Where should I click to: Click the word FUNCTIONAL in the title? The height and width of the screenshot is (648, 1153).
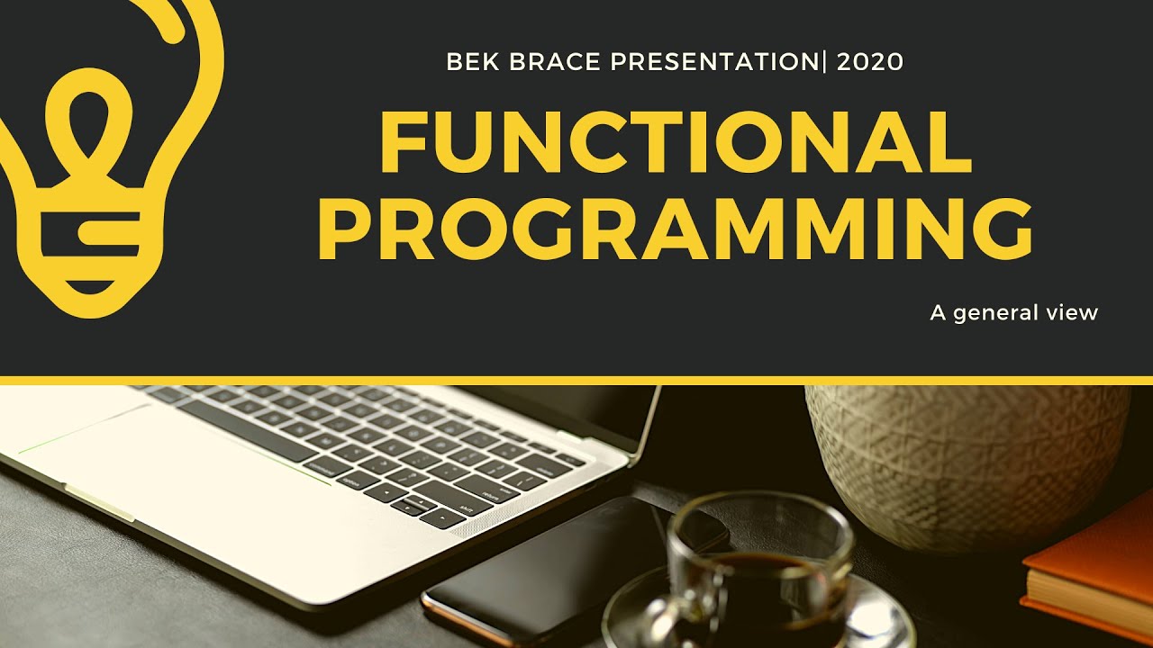pos(676,144)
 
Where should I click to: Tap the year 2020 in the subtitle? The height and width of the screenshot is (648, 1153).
pos(869,62)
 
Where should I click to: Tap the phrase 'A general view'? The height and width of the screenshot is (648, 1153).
pos(1013,313)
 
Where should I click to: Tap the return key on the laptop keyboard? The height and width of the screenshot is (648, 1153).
pos(492,494)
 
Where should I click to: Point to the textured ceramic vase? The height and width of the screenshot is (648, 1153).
pos(964,459)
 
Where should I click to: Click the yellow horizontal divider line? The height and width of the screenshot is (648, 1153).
pos(576,381)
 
